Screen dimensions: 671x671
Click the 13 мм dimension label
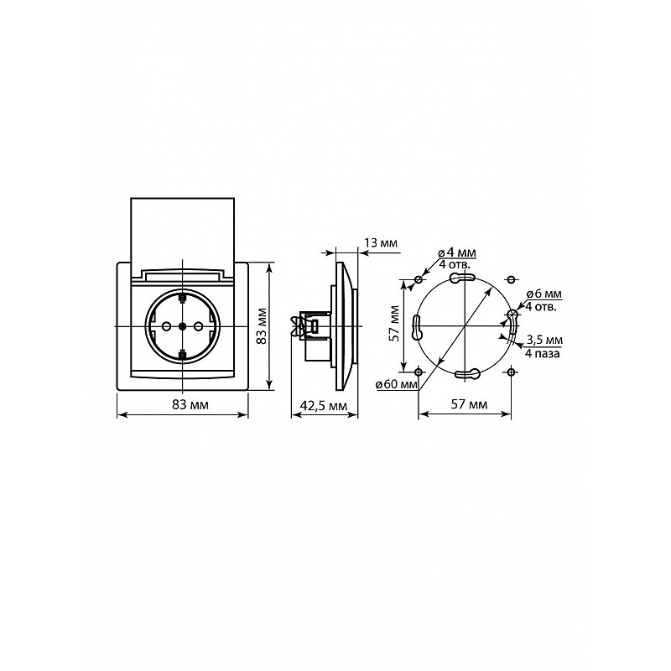click(381, 243)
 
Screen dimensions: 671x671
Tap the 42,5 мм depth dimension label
click(324, 405)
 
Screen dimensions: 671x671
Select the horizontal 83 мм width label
click(190, 404)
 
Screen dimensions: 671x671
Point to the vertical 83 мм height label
click(262, 325)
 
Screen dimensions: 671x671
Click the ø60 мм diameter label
click(396, 385)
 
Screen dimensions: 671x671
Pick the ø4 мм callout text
click(457, 253)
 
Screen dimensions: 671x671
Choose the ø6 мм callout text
click(544, 294)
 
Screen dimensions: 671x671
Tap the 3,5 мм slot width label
click(544, 341)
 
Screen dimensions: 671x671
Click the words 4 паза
click(542, 353)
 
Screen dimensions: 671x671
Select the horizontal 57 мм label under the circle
click(469, 404)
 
